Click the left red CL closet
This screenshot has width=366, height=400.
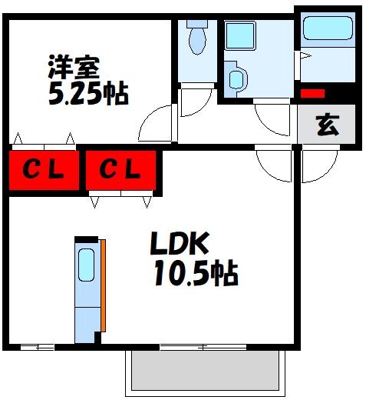click(44, 169)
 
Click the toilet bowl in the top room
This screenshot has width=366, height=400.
click(197, 39)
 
